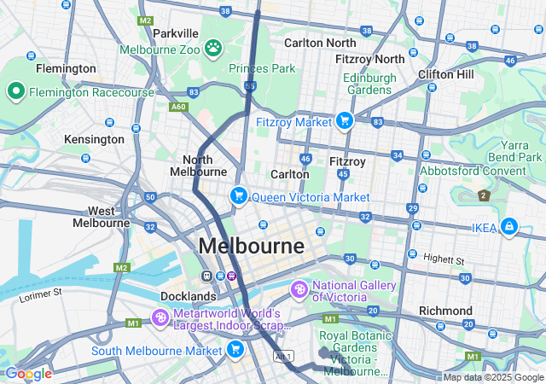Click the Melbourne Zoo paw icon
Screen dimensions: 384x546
(212, 49)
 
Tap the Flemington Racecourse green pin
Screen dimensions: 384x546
(15, 91)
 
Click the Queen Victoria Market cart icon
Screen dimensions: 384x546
(238, 196)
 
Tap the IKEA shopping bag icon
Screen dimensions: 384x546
(509, 226)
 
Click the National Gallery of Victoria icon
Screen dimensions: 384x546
(299, 291)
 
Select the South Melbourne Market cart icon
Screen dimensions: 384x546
(236, 348)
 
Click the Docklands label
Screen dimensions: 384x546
(188, 296)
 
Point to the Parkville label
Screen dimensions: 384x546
(175, 33)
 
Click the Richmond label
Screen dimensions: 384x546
(445, 311)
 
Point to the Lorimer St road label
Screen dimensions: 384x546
(42, 293)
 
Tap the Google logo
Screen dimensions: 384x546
(27, 373)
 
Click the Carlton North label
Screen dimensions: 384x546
(320, 43)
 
